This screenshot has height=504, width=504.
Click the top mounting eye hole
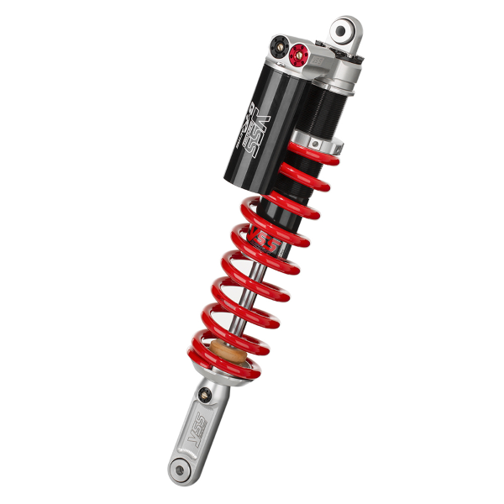[343, 32]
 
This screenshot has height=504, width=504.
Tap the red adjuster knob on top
[296, 56]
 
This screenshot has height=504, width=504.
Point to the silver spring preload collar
[317, 139]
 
